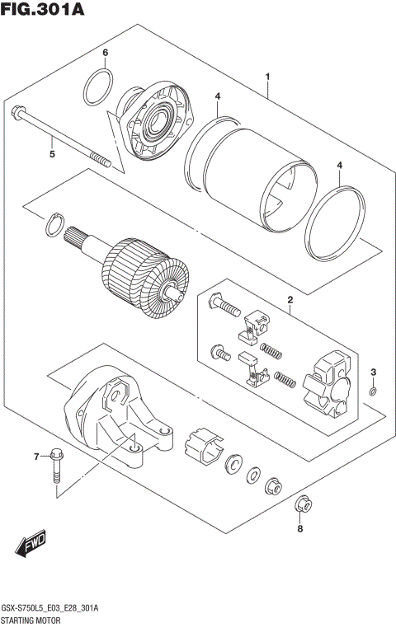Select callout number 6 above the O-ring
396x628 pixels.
point(105,54)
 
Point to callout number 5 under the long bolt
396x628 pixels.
point(52,153)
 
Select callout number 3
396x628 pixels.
point(373,372)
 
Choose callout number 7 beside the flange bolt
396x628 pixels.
point(35,456)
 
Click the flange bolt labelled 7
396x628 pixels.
point(55,462)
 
